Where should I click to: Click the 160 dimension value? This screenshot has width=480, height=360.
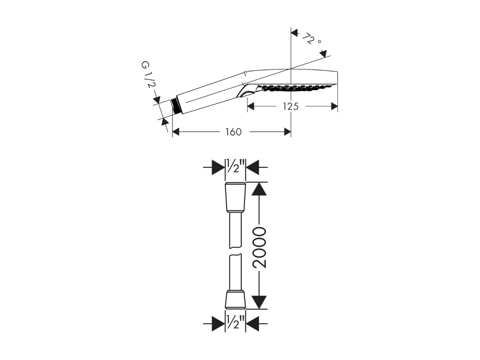[233, 132]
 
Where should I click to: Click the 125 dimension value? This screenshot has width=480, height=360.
[291, 106]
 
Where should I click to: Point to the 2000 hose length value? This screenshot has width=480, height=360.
[259, 248]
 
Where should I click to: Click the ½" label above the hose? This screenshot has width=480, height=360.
[235, 166]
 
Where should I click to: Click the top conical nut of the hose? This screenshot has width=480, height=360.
[235, 197]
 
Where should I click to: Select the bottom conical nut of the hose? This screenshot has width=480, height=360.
[235, 299]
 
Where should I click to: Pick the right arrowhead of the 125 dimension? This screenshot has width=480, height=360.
[335, 106]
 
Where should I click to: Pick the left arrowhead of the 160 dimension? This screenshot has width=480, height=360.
[176, 132]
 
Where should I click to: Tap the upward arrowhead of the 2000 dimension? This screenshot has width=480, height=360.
[259, 189]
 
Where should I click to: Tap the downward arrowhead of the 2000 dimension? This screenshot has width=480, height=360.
[259, 302]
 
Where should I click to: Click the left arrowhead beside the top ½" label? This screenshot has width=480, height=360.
[218, 167]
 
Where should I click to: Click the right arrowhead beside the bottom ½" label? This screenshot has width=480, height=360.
[253, 324]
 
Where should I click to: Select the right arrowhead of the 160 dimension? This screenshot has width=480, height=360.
[288, 132]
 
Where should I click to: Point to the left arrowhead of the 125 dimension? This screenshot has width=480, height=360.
[251, 106]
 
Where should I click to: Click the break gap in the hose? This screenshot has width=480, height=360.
[235, 251]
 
